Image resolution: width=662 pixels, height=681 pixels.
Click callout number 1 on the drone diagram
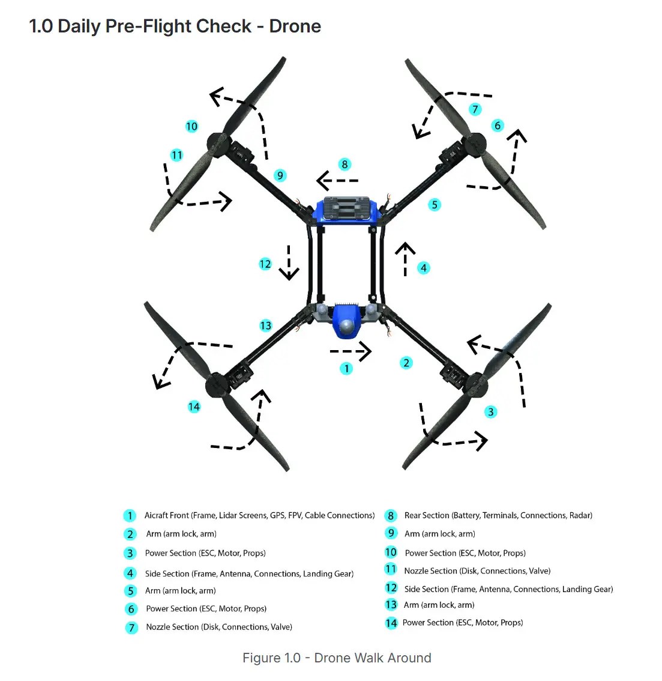tap(346, 368)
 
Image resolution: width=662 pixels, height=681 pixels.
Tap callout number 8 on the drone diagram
tap(344, 164)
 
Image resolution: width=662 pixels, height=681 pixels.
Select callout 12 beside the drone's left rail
tap(265, 264)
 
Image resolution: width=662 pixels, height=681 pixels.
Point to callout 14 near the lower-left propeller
tap(194, 407)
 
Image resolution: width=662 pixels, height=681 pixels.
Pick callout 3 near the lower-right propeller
tap(491, 411)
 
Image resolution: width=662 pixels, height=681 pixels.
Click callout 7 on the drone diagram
tap(475, 109)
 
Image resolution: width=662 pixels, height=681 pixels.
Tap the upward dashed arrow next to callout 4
tap(405, 259)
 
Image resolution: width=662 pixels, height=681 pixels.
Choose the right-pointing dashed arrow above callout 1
tap(351, 351)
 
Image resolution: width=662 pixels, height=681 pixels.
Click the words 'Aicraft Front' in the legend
tap(166, 515)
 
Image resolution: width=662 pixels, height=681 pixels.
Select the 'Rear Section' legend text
tap(427, 515)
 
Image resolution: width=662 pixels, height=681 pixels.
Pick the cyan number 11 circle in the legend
tap(391, 569)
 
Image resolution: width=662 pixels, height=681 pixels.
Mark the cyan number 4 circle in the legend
tap(130, 573)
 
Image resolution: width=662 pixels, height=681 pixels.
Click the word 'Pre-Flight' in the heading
tap(179, 26)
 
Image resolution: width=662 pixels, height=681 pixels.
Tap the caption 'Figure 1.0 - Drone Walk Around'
tap(337, 658)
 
